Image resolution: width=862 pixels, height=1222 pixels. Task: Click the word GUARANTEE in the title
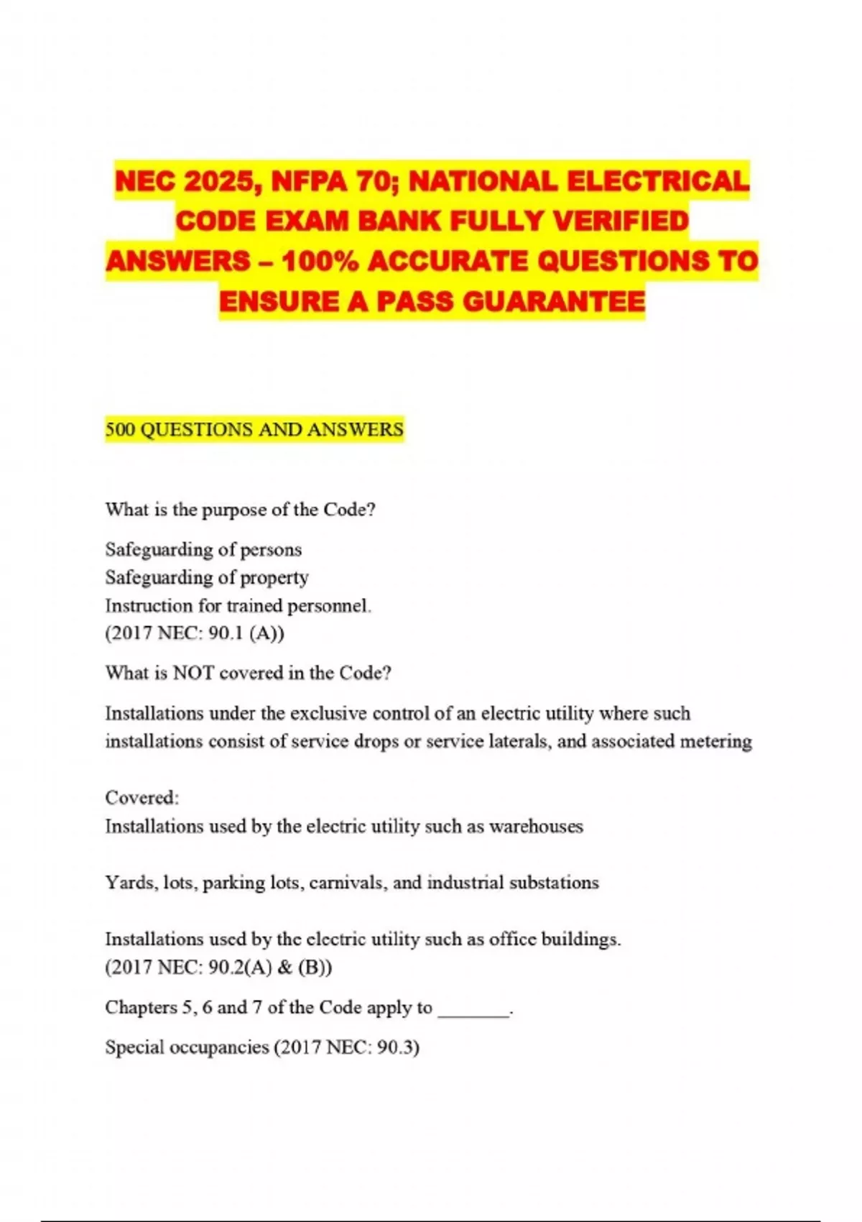coord(555,301)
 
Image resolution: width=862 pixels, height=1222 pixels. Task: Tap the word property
coord(274,578)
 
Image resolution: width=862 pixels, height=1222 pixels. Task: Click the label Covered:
coord(142,798)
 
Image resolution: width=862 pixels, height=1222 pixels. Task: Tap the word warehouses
coord(536,827)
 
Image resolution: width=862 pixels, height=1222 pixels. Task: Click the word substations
coord(554,883)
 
